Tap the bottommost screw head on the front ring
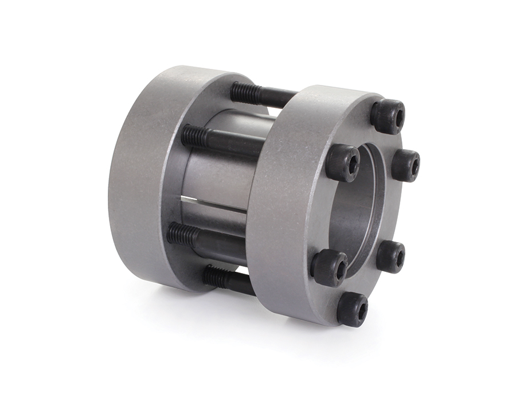pyautogui.click(x=352, y=309)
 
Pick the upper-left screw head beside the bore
pyautogui.click(x=343, y=163)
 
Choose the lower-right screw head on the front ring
pyautogui.click(x=391, y=256)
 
